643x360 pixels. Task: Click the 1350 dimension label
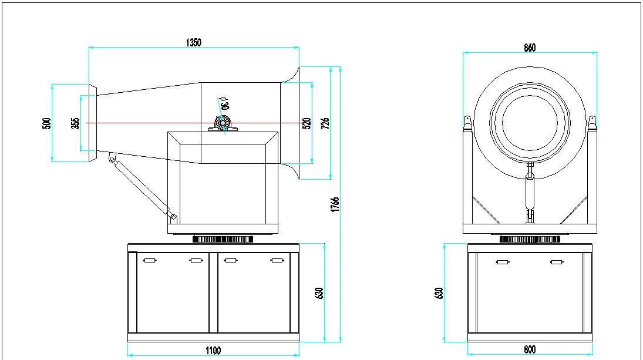click(x=193, y=42)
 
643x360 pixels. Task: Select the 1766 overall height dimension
click(x=335, y=204)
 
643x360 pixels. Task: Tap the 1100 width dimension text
click(x=213, y=351)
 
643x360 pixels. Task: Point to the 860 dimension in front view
click(x=530, y=48)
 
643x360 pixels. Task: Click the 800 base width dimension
click(x=530, y=349)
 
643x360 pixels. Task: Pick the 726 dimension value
click(x=325, y=123)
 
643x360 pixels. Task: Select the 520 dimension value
click(x=306, y=123)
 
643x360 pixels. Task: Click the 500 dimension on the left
click(x=47, y=123)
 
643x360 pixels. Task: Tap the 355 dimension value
click(x=75, y=123)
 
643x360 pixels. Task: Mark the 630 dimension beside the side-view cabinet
click(x=319, y=292)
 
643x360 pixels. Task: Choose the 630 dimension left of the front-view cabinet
click(x=438, y=292)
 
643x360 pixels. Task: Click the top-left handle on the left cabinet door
click(x=149, y=260)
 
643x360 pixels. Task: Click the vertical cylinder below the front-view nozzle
click(x=530, y=194)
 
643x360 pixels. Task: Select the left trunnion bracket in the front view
click(x=467, y=123)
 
